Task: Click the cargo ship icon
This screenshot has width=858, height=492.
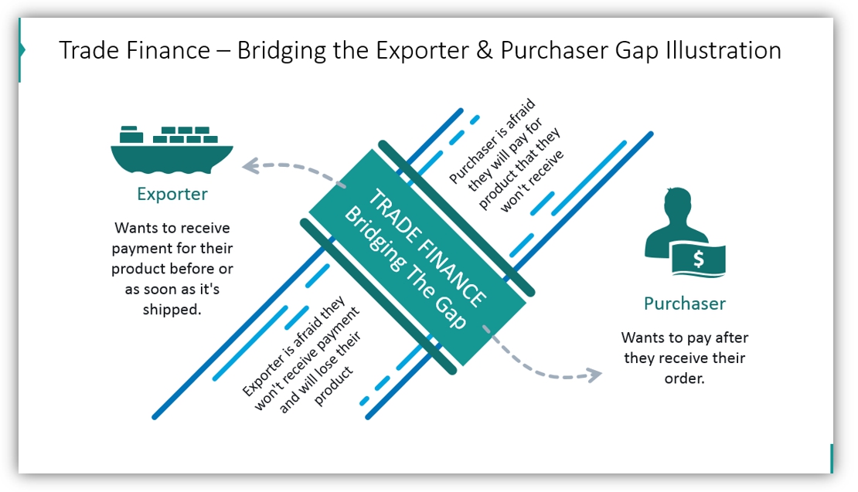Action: [172, 151]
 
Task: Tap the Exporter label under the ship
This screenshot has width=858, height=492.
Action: [172, 194]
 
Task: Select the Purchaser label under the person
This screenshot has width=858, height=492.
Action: [684, 304]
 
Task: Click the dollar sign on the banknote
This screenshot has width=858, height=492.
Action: [698, 260]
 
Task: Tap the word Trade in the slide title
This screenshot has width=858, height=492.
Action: [86, 51]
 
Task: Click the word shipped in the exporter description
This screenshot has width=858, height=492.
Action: [172, 309]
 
